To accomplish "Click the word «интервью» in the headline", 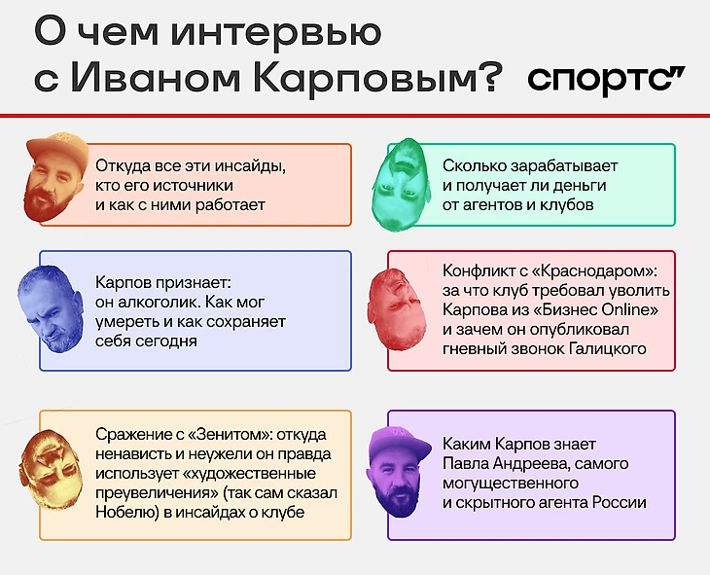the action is tap(276, 33).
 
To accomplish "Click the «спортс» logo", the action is tap(606, 79).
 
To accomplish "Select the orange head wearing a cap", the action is tap(56, 176).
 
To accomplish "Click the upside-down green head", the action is tap(401, 185).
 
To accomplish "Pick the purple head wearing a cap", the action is tap(398, 471).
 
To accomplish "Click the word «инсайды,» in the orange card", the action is tap(250, 166).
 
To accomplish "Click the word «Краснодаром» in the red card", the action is tap(592, 271).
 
